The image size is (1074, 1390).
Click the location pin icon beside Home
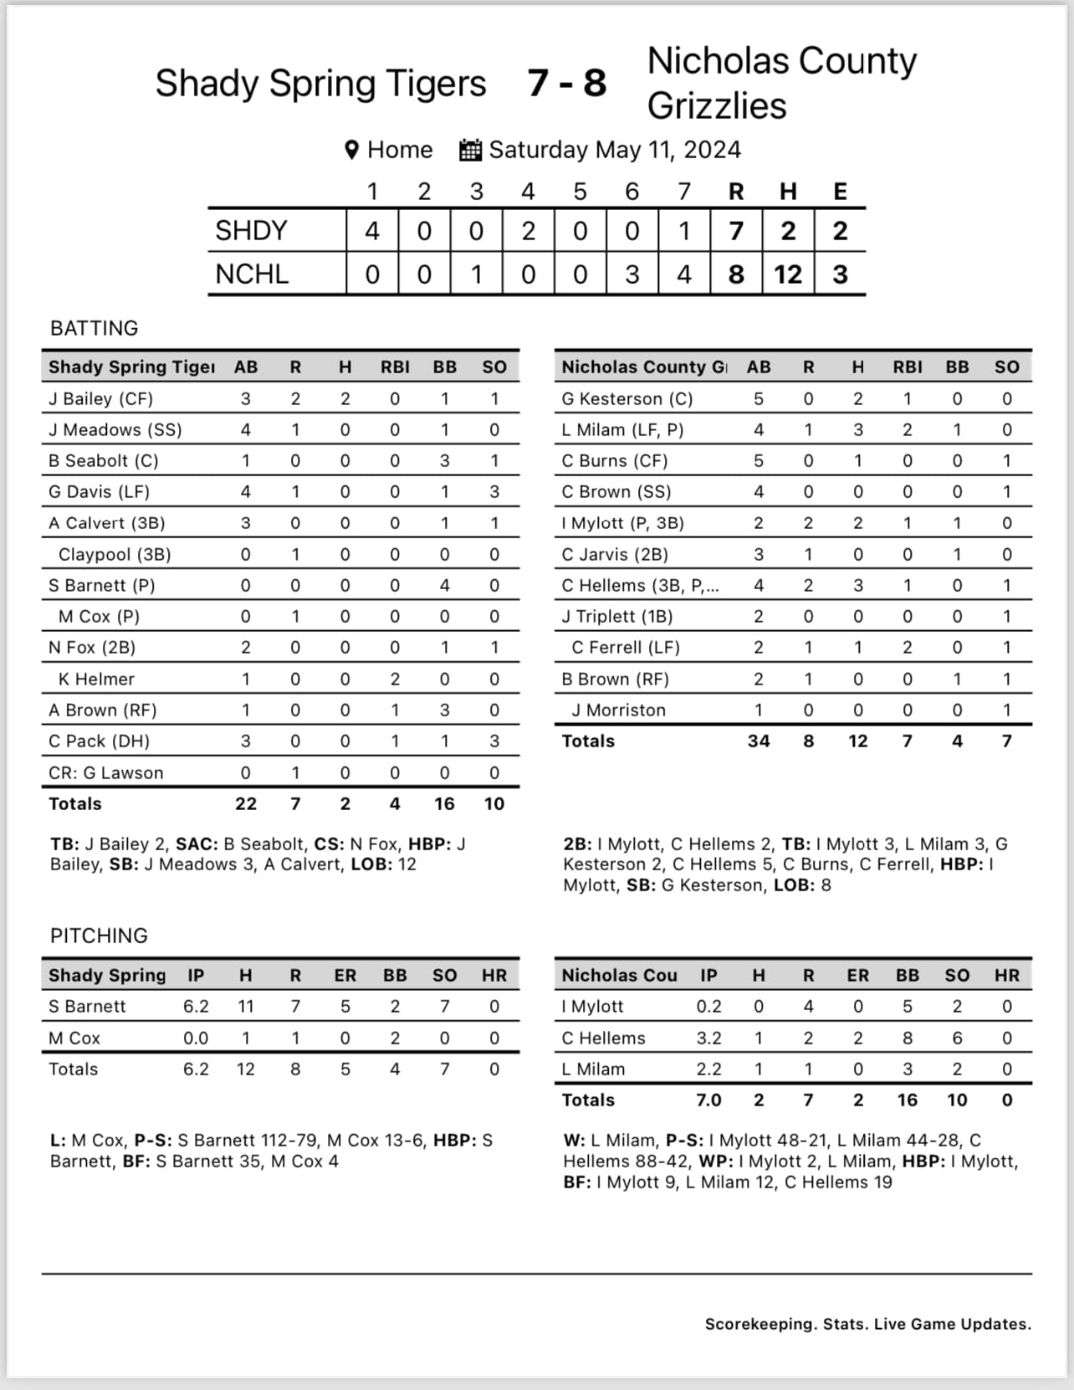[x=352, y=150]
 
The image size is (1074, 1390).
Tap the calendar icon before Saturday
[x=470, y=150]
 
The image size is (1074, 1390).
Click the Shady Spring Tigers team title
[x=320, y=84]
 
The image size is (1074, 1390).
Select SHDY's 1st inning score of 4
[x=372, y=231]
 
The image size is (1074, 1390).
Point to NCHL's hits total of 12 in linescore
[x=787, y=274]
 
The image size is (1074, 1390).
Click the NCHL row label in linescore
[x=252, y=274]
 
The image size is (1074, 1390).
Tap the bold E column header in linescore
[x=840, y=192]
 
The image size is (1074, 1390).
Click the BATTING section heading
[x=95, y=328]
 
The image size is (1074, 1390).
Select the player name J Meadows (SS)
[x=115, y=430]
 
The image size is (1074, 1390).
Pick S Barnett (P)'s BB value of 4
[x=444, y=586]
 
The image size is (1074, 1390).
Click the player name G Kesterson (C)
[x=627, y=399]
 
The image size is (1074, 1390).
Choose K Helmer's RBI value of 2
[x=395, y=679]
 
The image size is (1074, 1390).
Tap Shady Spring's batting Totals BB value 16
[x=444, y=804]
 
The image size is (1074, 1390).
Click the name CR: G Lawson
[x=106, y=773]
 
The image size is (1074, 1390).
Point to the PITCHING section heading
[x=99, y=936]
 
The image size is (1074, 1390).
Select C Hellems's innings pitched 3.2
[x=708, y=1039]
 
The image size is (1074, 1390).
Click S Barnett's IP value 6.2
[x=196, y=1007]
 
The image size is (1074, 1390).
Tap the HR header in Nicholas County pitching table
[x=1006, y=976]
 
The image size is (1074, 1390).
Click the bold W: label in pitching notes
[x=575, y=1141]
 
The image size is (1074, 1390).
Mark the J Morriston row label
[x=618, y=710]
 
